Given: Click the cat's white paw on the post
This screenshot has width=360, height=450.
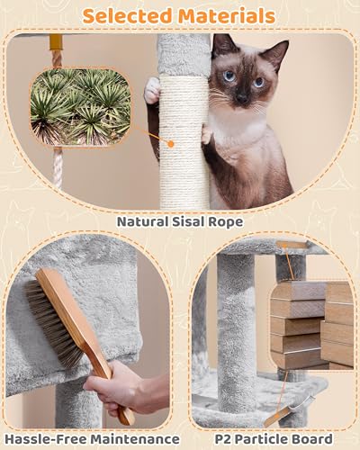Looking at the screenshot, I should pos(153,89).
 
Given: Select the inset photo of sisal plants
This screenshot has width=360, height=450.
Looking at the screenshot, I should pos(79,109).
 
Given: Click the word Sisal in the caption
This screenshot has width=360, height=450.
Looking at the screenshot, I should pos(200,219).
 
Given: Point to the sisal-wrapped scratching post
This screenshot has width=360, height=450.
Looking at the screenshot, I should pos(184,135).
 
